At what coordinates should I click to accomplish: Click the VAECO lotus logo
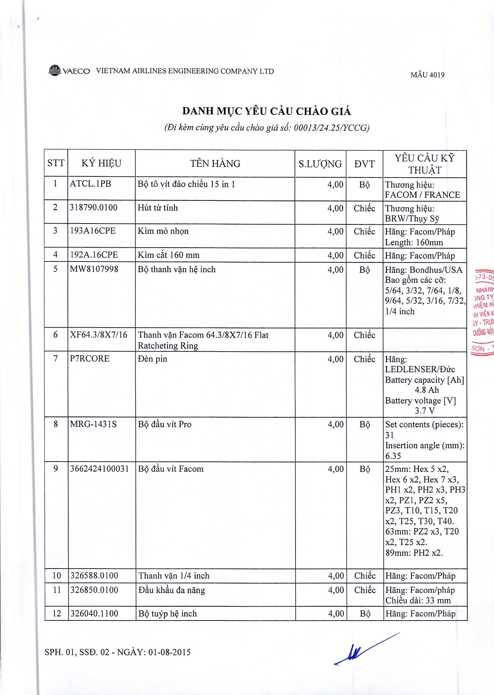55,70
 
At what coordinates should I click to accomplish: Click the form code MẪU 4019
427,75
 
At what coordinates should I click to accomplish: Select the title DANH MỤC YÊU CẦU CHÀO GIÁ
267,111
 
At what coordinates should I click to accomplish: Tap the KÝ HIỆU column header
101,163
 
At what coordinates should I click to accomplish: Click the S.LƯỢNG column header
320,164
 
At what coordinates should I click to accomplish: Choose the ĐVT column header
364,164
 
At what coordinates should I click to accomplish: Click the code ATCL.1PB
90,184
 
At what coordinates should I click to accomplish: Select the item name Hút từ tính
158,208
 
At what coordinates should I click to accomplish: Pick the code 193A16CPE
93,231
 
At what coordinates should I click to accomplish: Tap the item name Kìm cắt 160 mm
168,255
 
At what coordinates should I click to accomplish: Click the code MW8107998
94,269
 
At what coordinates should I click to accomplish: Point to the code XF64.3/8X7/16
98,335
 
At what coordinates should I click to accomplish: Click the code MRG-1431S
93,424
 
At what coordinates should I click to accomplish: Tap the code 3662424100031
99,469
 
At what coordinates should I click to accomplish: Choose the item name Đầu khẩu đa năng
172,590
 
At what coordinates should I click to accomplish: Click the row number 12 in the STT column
57,613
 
